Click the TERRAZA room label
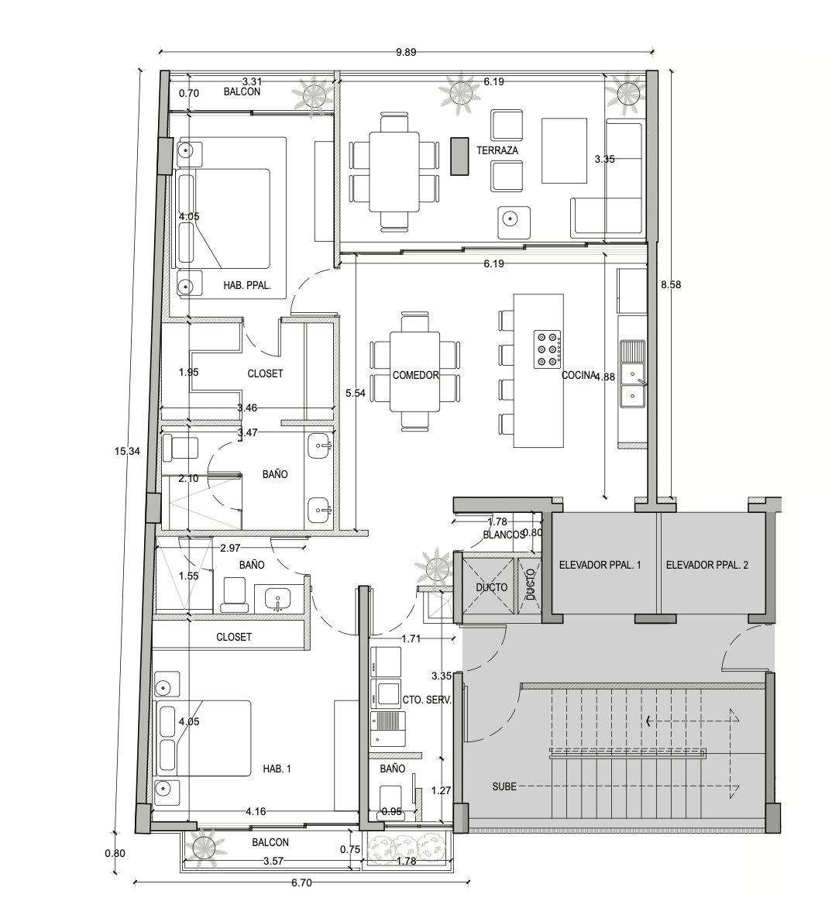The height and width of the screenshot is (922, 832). coord(497,150)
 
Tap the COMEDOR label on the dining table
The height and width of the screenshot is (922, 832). coord(416,375)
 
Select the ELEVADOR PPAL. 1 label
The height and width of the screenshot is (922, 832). coord(600,565)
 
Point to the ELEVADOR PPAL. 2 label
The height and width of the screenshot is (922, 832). coord(707,565)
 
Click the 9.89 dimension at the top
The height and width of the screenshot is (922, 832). coord(406,53)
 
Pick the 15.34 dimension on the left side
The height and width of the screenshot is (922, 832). coord(127,452)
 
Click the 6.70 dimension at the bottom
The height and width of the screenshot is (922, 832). coord(301,882)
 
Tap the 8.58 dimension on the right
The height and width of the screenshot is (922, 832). coord(671,284)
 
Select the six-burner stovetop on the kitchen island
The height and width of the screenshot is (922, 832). coord(547,349)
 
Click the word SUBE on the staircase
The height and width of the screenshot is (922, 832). coord(504,786)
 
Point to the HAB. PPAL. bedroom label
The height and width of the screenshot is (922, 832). coord(247,286)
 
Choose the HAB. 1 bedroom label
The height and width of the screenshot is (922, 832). coord(277,769)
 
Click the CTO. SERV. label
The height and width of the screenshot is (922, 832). coord(427,700)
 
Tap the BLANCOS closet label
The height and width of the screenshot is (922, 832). coord(504,535)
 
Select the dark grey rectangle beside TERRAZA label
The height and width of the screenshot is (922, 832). coord(460,156)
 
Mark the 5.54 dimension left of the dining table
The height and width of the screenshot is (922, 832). coord(355,394)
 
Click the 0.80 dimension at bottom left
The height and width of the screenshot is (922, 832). coord(115,854)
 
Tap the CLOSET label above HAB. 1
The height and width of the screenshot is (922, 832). coord(233,638)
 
